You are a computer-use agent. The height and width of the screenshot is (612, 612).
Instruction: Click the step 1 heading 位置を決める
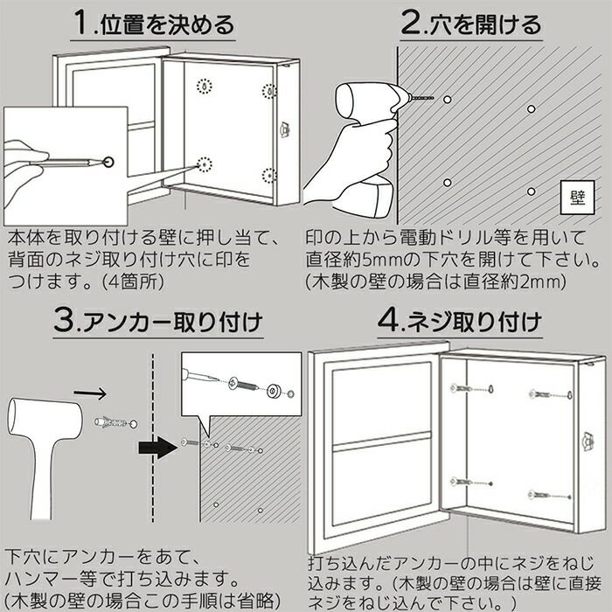click(x=167, y=25)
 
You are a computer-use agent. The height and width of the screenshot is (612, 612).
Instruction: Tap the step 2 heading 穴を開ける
click(x=485, y=25)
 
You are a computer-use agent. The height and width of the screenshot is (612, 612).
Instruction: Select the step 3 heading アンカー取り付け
click(x=172, y=323)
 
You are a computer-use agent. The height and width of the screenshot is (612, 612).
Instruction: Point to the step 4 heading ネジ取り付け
click(x=474, y=323)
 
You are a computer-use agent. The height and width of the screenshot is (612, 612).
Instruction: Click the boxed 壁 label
click(x=578, y=198)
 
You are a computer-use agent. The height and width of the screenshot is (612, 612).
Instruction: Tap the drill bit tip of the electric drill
click(x=434, y=98)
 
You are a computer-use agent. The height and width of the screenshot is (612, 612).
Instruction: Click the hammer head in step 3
click(x=45, y=417)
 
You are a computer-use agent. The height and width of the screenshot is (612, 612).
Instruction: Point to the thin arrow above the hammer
click(x=90, y=393)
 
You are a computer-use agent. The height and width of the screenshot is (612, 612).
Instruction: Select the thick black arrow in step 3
click(x=157, y=448)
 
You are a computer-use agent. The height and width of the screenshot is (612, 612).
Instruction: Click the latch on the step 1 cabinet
click(x=284, y=129)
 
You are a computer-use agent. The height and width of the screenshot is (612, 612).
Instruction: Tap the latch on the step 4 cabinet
click(x=588, y=442)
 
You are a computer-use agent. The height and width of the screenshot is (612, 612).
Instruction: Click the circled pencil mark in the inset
click(x=108, y=162)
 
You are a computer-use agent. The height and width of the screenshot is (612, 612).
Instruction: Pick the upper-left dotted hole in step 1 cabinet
click(x=204, y=87)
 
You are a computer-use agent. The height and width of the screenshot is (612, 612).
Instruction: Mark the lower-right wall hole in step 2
click(x=531, y=191)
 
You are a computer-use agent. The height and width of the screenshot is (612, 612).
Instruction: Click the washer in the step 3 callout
click(x=275, y=391)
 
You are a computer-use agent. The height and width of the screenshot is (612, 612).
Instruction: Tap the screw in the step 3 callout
click(x=244, y=386)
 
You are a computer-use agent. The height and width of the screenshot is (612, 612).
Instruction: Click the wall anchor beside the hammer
click(x=110, y=422)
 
